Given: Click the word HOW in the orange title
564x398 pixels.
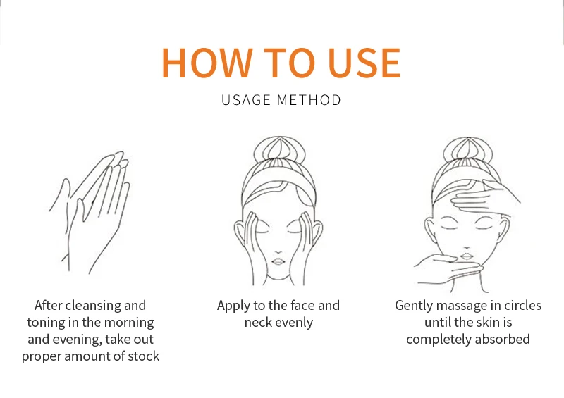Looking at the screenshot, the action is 207,63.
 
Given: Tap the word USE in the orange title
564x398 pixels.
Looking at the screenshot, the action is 364,63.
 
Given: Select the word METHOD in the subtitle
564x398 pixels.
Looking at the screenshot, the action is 309,100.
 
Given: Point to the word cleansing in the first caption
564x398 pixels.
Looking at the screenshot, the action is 93,306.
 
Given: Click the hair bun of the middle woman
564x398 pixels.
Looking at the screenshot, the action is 279,149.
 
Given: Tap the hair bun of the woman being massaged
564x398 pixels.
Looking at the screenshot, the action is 467,150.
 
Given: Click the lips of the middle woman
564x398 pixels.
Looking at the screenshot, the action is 278,261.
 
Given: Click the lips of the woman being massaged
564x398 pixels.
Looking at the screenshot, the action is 467,256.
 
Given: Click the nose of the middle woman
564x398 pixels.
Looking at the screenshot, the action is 278,252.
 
